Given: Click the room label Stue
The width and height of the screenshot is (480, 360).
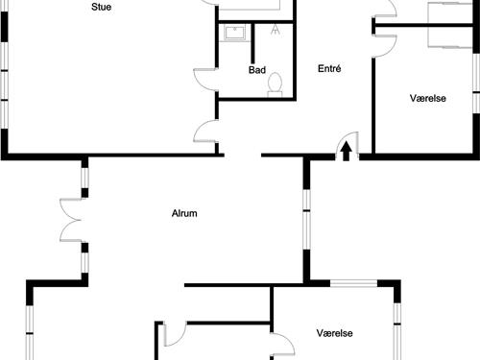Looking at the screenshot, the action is pyautogui.click(x=100, y=7).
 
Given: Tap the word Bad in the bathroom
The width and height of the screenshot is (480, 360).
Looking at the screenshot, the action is pyautogui.click(x=256, y=70).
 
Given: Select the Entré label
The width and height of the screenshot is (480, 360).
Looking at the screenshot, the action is pyautogui.click(x=330, y=69).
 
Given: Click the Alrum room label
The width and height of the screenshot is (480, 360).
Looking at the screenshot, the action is pyautogui.click(x=184, y=214).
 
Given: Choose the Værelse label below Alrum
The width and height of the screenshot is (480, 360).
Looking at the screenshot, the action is pyautogui.click(x=335, y=333).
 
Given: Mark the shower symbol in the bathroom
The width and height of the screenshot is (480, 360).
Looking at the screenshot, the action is pyautogui.click(x=276, y=27).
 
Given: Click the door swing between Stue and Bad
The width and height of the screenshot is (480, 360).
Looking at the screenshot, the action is pyautogui.click(x=204, y=81).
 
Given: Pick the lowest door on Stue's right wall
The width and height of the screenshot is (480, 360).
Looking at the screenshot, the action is pyautogui.click(x=204, y=132).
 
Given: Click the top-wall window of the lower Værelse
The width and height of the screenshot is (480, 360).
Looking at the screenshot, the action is pyautogui.click(x=354, y=283).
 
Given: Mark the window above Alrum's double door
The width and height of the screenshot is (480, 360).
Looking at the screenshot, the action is pyautogui.click(x=84, y=180).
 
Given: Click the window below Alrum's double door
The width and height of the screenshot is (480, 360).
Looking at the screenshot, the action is pyautogui.click(x=84, y=261).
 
